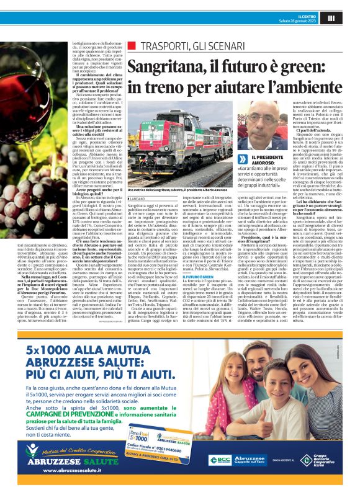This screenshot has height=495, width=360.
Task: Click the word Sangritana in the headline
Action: (x=168, y=64)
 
